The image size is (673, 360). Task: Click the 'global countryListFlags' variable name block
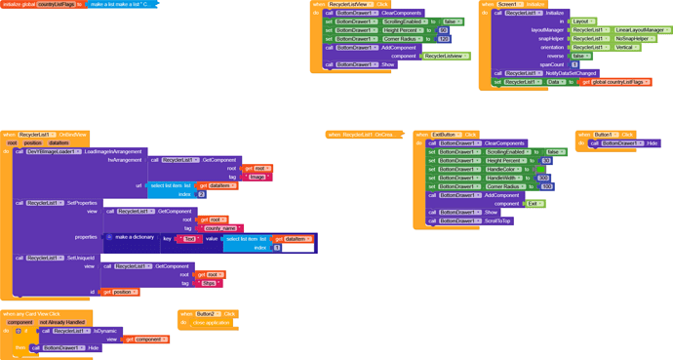[x=56, y=4]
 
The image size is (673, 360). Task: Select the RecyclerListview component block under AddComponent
[x=445, y=57]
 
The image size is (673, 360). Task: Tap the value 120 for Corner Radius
[x=443, y=39]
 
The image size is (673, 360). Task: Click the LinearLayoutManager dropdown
[x=643, y=30]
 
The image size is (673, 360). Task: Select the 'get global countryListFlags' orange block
[x=615, y=82]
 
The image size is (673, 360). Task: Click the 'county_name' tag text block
[x=222, y=228]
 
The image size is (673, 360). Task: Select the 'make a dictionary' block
[x=134, y=237]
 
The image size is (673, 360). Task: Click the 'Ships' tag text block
[x=209, y=283]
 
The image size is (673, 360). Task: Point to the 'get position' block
[x=120, y=292]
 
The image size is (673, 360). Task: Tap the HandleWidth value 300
[x=543, y=178]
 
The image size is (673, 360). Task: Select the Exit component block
[x=534, y=204]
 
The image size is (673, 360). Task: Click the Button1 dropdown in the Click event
[x=604, y=135]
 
